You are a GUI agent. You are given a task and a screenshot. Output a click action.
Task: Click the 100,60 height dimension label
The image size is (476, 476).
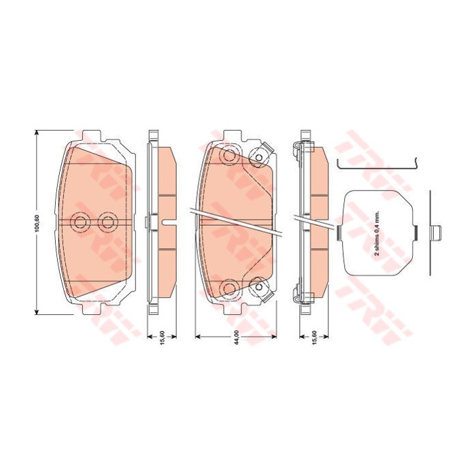click(x=38, y=222)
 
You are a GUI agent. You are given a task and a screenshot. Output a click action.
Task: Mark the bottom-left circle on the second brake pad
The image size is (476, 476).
click(x=228, y=288)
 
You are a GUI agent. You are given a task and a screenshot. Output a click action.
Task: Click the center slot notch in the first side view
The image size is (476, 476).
click(x=155, y=220)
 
